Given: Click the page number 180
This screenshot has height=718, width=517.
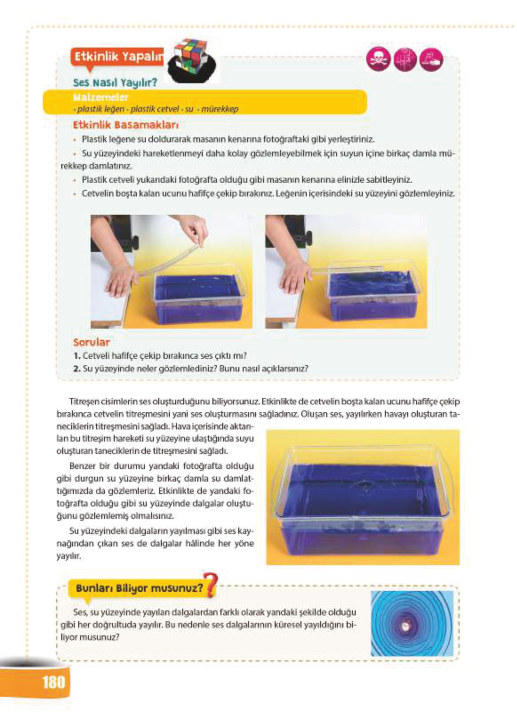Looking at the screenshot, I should click(53, 682).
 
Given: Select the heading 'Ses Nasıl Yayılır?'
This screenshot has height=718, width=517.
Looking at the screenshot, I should click(115, 82).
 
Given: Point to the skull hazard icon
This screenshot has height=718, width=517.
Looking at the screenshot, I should click(378, 59).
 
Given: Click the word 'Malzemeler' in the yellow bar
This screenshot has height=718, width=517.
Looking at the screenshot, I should click(101, 97).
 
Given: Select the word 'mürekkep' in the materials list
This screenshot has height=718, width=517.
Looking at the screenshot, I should click(220, 109).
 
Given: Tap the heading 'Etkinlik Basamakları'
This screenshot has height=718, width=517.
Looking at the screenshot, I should click(125, 125).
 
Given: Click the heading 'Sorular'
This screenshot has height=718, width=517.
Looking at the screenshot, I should click(91, 342).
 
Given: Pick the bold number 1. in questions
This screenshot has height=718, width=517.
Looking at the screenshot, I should click(77, 356).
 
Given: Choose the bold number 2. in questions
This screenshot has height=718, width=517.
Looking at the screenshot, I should click(77, 368).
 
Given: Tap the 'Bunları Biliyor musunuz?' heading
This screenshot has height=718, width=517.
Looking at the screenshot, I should click(139, 588).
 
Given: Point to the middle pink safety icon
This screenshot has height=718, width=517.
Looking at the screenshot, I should click(405, 59).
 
